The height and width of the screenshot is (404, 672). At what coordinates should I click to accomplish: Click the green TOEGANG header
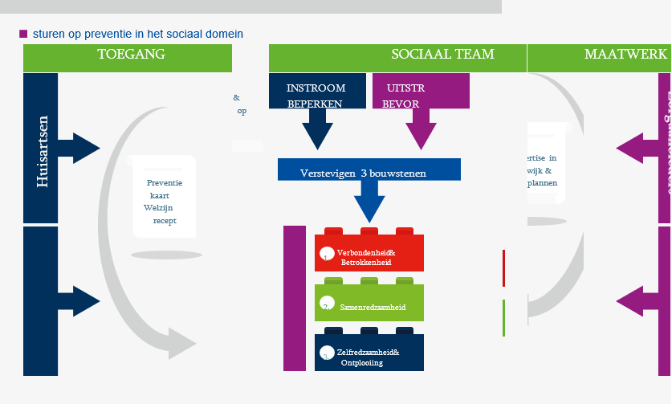click(x=131, y=55)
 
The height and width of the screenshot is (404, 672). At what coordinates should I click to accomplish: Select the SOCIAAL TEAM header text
click(x=442, y=55)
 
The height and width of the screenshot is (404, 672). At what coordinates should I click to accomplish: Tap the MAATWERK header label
click(x=625, y=55)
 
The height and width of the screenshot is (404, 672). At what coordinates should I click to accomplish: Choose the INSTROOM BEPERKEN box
click(x=317, y=95)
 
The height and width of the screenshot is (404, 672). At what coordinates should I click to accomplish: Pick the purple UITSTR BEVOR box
click(x=421, y=95)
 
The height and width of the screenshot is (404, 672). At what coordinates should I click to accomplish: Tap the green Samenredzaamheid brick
click(x=369, y=306)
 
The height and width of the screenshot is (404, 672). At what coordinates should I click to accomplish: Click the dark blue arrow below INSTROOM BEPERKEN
click(x=317, y=129)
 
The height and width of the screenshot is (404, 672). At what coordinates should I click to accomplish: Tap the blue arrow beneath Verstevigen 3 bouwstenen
click(x=369, y=202)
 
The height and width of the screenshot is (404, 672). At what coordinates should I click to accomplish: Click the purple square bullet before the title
click(x=23, y=34)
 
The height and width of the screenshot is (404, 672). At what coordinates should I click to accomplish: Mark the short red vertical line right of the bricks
click(x=503, y=267)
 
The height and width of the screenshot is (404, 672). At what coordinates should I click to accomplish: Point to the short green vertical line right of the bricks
click(x=503, y=317)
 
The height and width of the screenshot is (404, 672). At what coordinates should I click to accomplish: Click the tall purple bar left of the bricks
click(x=295, y=298)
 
